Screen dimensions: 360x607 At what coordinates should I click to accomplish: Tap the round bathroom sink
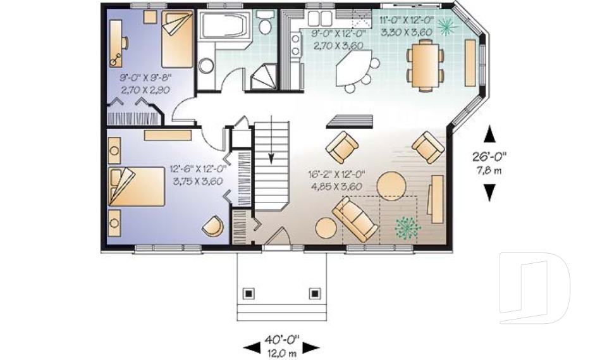point(206,65)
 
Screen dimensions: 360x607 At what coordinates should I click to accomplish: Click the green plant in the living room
point(407,227)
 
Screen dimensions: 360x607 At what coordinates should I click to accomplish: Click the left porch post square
point(248,293)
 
